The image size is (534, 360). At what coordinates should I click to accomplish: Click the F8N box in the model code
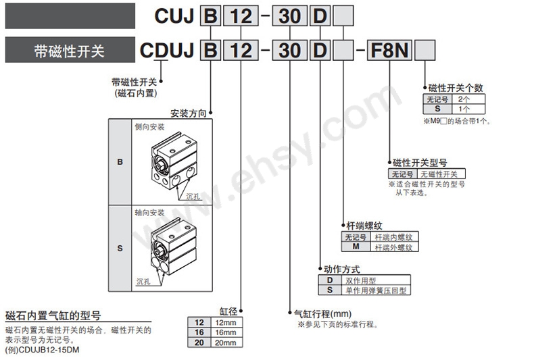pyautogui.click(x=389, y=51)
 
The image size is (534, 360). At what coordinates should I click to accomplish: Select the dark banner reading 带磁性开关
pyautogui.click(x=70, y=50)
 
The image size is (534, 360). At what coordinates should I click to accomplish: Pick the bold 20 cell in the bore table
pyautogui.click(x=199, y=342)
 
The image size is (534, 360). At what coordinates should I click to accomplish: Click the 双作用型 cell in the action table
pyautogui.click(x=376, y=280)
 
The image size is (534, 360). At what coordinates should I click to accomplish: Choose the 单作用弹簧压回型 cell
pyautogui.click(x=376, y=290)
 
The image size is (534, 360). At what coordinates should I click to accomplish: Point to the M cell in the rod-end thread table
pyautogui.click(x=356, y=247)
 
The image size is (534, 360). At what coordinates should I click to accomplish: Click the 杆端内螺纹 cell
pyautogui.click(x=394, y=237)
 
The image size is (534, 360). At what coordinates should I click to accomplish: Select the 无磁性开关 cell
pyautogui.click(x=441, y=174)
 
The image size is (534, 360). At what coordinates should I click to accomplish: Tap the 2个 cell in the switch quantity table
pyautogui.click(x=468, y=99)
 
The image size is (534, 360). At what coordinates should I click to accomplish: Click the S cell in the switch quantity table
pyautogui.click(x=437, y=109)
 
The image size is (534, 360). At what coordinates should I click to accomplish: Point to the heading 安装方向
pyautogui.click(x=189, y=113)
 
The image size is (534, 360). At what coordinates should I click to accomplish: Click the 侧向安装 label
pyautogui.click(x=149, y=127)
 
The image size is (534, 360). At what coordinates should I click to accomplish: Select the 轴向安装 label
pyautogui.click(x=149, y=213)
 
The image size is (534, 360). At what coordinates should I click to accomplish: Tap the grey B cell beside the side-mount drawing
pyautogui.click(x=120, y=162)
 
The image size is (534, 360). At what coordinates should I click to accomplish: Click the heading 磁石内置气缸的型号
pyautogui.click(x=53, y=315)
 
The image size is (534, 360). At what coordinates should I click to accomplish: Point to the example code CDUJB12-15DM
pyautogui.click(x=49, y=350)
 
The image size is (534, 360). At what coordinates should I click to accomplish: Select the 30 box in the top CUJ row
pyautogui.click(x=290, y=16)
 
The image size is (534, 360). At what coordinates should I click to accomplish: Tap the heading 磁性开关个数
pyautogui.click(x=456, y=88)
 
